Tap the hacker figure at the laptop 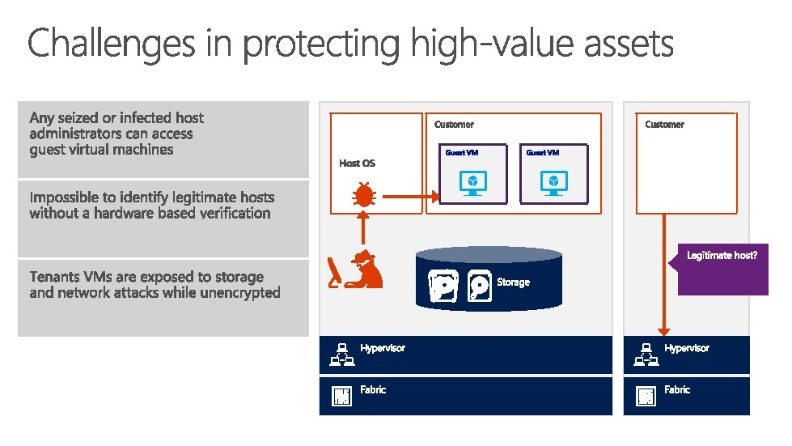coord(360,270)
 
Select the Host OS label coord(357,164)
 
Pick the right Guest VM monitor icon coord(553,182)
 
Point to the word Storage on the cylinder coord(513,282)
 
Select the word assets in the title coord(625,44)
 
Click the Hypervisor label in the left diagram coord(383,348)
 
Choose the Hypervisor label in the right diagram coord(686,348)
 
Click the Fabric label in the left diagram coord(373,389)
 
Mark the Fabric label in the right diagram coord(677,389)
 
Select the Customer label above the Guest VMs coord(454,125)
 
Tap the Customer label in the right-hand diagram coord(664,125)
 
